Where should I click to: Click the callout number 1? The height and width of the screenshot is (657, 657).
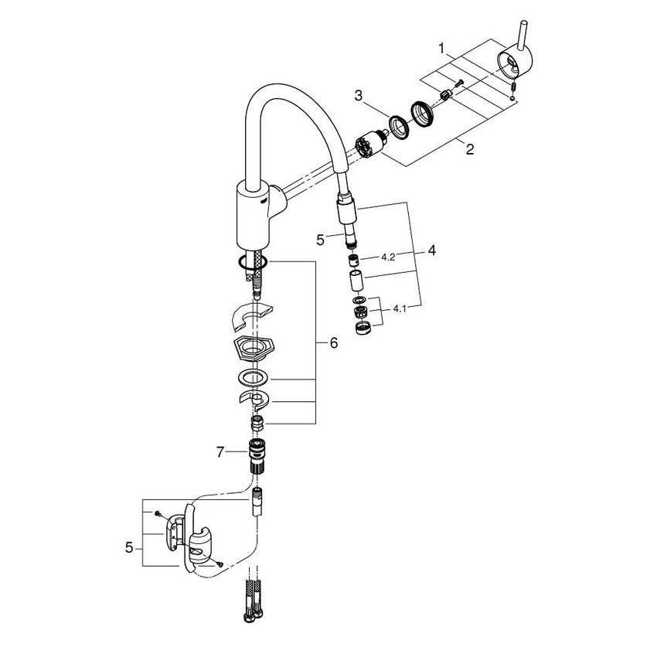click(x=441, y=48)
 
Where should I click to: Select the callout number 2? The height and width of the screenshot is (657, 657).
click(x=469, y=149)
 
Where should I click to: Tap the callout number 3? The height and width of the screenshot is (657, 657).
click(x=359, y=95)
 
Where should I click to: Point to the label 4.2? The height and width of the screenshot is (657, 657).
click(x=388, y=257)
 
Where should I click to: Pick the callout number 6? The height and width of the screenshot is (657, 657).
click(x=333, y=343)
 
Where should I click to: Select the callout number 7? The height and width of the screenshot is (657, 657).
click(x=221, y=452)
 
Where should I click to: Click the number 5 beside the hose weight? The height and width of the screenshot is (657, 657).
click(x=128, y=547)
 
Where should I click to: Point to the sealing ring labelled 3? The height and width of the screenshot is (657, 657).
click(x=399, y=124)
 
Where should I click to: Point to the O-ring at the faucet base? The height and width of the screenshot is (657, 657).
click(x=253, y=264)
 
